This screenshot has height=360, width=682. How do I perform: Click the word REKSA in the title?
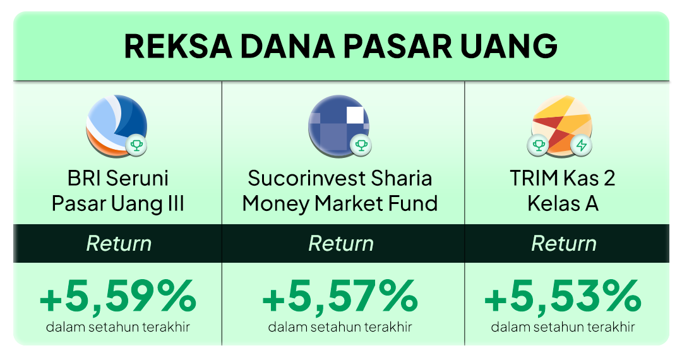point(178,46)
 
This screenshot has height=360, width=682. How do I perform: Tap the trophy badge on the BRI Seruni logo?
point(136,145)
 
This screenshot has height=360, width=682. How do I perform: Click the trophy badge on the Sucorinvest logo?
point(361,145)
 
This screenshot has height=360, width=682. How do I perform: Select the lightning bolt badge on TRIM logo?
point(582,145)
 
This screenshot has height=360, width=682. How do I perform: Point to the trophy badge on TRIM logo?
point(539,145)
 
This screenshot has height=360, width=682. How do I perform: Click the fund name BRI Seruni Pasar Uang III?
point(118,191)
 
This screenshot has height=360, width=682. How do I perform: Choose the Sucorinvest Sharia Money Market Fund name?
point(340,191)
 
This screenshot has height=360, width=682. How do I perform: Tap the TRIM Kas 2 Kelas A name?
point(563,191)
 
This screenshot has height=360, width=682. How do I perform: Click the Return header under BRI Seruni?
point(119,244)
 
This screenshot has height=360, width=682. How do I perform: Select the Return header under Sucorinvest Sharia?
point(341,244)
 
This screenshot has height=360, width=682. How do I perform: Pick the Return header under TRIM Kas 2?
point(564,244)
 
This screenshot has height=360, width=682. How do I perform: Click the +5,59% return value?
point(118,296)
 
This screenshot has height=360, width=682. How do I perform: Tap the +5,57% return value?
point(340,296)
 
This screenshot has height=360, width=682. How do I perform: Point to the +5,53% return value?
point(563,296)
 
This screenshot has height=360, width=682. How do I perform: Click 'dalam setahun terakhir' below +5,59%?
point(118,327)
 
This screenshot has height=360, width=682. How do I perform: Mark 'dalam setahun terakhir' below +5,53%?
point(563,327)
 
